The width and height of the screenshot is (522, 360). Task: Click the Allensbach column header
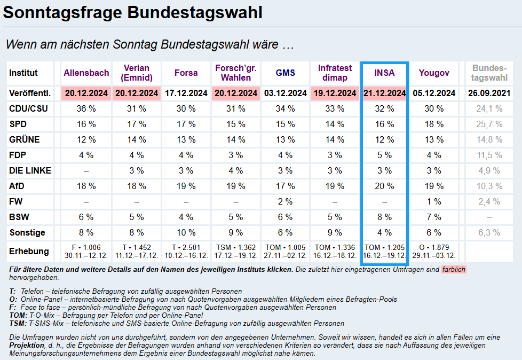tap(86, 73)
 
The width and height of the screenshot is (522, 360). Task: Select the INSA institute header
tap(384, 73)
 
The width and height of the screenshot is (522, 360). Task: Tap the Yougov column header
tap(434, 73)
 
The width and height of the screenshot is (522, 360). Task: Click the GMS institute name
tap(286, 73)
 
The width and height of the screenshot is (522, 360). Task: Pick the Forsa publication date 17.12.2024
tap(186, 93)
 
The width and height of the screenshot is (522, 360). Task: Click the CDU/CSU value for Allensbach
tap(86, 109)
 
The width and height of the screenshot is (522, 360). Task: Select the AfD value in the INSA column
tap(384, 186)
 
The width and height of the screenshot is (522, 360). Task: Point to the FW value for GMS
tap(286, 202)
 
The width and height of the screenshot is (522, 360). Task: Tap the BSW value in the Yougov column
tap(434, 217)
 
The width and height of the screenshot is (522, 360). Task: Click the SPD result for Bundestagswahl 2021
tap(489, 124)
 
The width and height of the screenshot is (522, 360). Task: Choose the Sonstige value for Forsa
tap(186, 233)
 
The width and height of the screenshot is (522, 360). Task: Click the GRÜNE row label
tap(25, 140)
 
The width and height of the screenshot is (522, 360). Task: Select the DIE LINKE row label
tap(30, 171)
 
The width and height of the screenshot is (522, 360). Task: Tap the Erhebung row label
tap(29, 252)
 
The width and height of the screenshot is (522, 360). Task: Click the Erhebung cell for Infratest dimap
tap(335, 252)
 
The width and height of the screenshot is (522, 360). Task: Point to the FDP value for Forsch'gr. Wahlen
tap(235, 155)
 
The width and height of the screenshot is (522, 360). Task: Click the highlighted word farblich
tap(454, 270)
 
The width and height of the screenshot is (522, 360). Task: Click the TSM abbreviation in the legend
tap(18, 324)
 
